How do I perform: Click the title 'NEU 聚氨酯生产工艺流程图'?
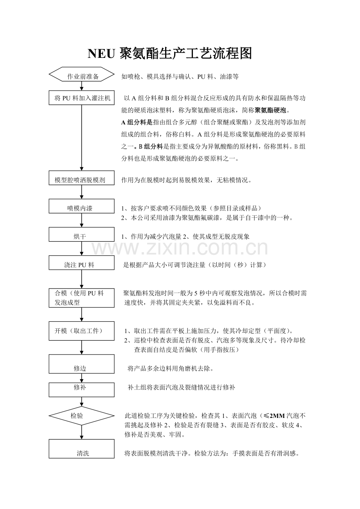169,54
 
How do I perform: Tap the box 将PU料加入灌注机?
82,98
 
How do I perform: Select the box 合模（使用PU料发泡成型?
82,298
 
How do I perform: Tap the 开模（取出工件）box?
82,331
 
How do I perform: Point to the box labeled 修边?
82,364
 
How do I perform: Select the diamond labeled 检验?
82,416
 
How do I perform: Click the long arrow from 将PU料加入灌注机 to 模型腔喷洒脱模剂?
82,137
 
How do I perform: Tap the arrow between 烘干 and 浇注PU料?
82,249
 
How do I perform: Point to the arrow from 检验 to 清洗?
82,432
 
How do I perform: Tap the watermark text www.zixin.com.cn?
180,247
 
